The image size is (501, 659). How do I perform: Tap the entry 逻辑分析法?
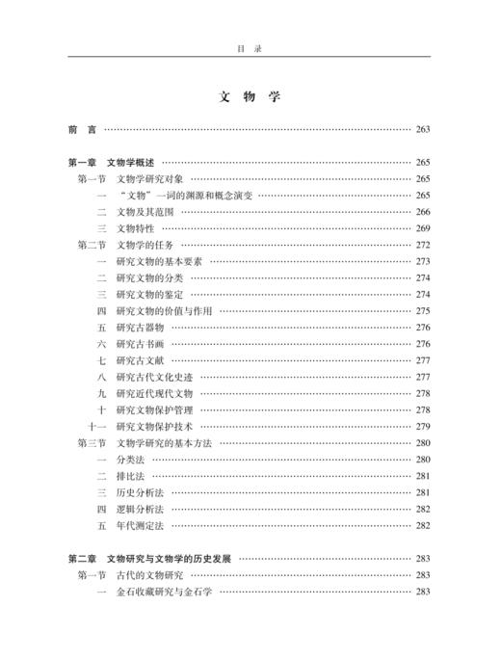[140, 508]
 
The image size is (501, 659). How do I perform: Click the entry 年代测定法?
[140, 525]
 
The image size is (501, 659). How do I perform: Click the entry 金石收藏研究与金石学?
[164, 591]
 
